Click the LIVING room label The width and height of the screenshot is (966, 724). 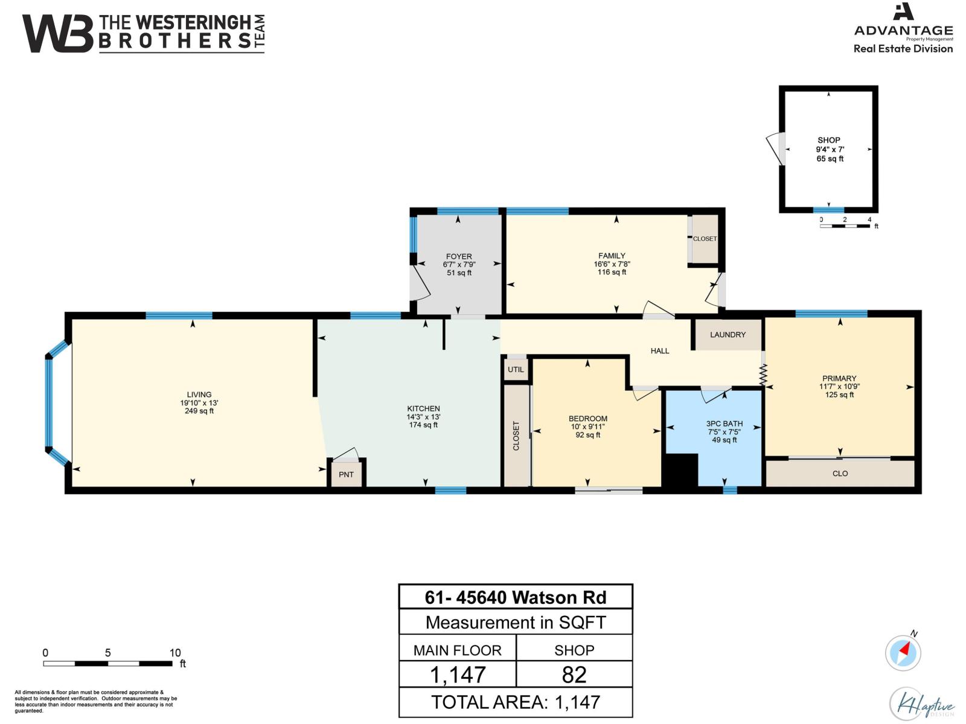pyautogui.click(x=199, y=395)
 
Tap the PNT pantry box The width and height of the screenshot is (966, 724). pyautogui.click(x=346, y=474)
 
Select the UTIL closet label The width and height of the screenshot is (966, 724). pyautogui.click(x=516, y=369)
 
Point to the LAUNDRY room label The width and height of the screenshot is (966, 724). pyautogui.click(x=728, y=334)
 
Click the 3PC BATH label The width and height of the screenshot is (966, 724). pyautogui.click(x=724, y=424)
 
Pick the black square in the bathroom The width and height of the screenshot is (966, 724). pyautogui.click(x=680, y=470)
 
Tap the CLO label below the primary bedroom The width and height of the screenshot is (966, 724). pyautogui.click(x=840, y=474)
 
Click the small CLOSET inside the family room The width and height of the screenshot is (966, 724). pyautogui.click(x=705, y=239)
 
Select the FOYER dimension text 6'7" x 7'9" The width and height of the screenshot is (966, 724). pyautogui.click(x=459, y=264)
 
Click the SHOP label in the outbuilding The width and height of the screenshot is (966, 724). pyautogui.click(x=828, y=140)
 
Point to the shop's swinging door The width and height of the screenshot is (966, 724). pyautogui.click(x=774, y=148)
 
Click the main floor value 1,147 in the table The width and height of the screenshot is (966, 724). pyautogui.click(x=458, y=675)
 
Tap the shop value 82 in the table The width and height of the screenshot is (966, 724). pyautogui.click(x=574, y=675)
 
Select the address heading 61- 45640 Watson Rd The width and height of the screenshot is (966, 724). pyautogui.click(x=516, y=597)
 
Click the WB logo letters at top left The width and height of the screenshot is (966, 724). pyautogui.click(x=58, y=34)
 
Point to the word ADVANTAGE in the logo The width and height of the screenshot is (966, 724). pyautogui.click(x=903, y=30)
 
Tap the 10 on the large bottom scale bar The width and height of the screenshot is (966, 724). pyautogui.click(x=174, y=653)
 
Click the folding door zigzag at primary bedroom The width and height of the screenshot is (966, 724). pyautogui.click(x=763, y=374)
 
